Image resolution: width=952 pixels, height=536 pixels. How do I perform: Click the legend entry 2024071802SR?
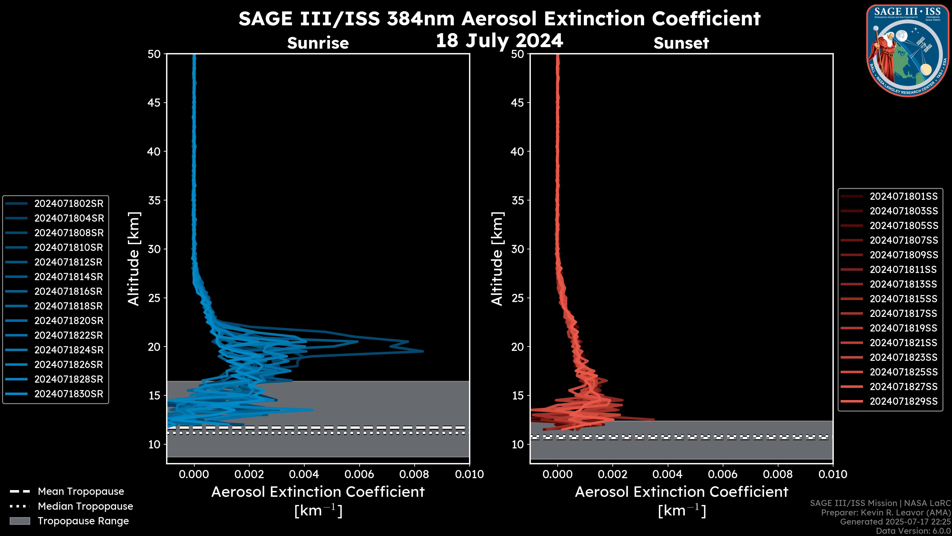tap(69, 203)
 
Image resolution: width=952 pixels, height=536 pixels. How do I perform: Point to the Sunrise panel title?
tap(318, 43)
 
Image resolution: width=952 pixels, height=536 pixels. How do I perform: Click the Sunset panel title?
tap(681, 43)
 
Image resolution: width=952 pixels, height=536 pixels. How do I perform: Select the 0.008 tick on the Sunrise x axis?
tap(414, 474)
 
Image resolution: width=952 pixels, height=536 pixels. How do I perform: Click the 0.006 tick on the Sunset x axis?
tap(723, 474)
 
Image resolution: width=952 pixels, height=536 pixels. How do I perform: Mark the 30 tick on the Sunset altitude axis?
tap(517, 249)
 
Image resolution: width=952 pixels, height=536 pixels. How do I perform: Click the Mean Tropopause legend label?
tap(81, 491)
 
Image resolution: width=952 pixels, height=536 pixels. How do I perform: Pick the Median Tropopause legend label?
tap(85, 506)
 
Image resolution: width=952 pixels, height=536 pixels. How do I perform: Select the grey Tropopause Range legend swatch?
tap(20, 521)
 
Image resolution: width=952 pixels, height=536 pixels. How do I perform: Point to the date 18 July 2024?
tap(499, 40)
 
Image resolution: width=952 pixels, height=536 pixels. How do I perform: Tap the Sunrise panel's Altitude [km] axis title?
tap(134, 259)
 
